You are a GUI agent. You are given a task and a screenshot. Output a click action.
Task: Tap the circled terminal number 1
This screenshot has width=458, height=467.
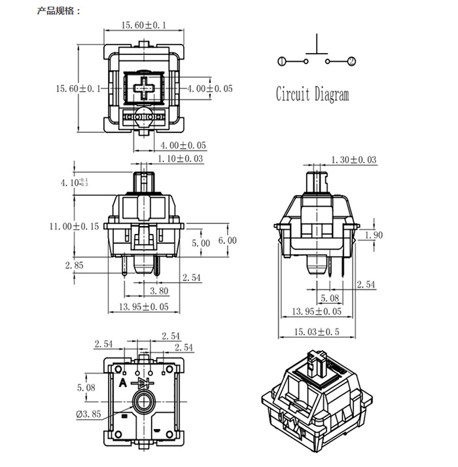(x=281, y=62)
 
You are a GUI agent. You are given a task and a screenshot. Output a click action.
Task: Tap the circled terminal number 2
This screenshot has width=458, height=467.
(x=351, y=62)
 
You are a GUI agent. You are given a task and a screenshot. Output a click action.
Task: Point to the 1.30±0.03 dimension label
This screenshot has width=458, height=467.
(x=354, y=160)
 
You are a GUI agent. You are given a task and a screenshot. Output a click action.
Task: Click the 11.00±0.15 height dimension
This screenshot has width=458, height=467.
(x=73, y=226)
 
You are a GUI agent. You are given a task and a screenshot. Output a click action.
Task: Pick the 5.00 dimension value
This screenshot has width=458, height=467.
(x=201, y=243)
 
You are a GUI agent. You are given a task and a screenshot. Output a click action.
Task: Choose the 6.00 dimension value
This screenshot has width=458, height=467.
(x=227, y=240)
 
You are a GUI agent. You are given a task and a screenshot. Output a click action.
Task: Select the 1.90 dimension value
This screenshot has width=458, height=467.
(x=374, y=235)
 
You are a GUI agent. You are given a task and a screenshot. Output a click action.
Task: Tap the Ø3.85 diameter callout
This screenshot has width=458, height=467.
(x=86, y=414)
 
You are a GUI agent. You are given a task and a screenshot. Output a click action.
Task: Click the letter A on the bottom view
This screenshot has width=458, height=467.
(x=122, y=383)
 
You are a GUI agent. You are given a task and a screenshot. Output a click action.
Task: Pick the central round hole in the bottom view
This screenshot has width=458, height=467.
(x=143, y=402)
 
